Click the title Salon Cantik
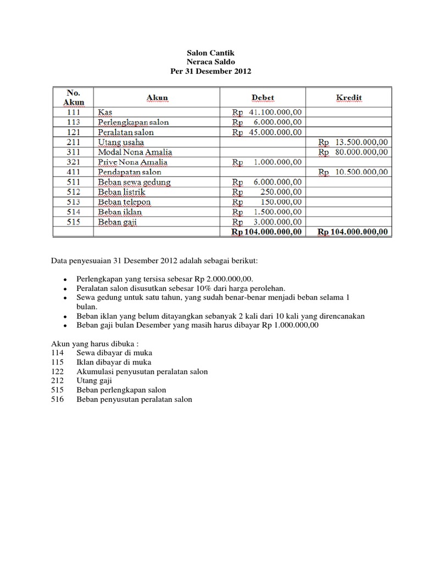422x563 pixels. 211,53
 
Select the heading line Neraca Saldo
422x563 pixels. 211,63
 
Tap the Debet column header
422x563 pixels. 263,98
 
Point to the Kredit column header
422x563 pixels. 349,98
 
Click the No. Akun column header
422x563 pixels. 74,97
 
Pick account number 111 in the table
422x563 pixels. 74,112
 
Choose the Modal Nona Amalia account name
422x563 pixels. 135,152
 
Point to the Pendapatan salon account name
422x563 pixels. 130,172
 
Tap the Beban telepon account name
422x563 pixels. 124,202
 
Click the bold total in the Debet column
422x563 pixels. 266,232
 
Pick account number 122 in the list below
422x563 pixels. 58,372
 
